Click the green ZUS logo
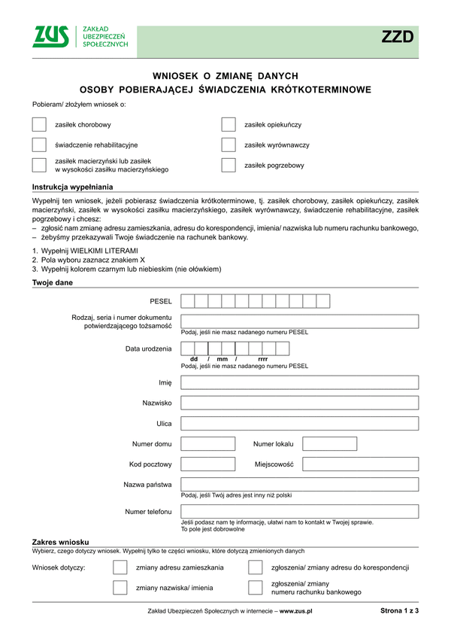(x=50, y=37)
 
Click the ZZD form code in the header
(x=398, y=38)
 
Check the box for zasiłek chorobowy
(x=40, y=125)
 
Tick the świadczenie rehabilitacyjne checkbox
(x=40, y=145)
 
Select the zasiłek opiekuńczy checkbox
(x=229, y=125)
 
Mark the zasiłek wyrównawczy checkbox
(x=229, y=145)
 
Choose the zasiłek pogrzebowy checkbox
(x=229, y=166)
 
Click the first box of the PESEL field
(x=188, y=301)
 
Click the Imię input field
(x=299, y=382)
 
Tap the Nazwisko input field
(x=299, y=403)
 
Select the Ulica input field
(x=299, y=423)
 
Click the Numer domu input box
(x=208, y=443)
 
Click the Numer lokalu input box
(x=329, y=443)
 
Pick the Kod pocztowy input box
(x=208, y=464)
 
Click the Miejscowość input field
(x=360, y=464)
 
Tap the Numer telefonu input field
(x=299, y=512)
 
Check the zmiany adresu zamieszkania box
(x=120, y=567)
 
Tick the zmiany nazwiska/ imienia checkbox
(x=120, y=588)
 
